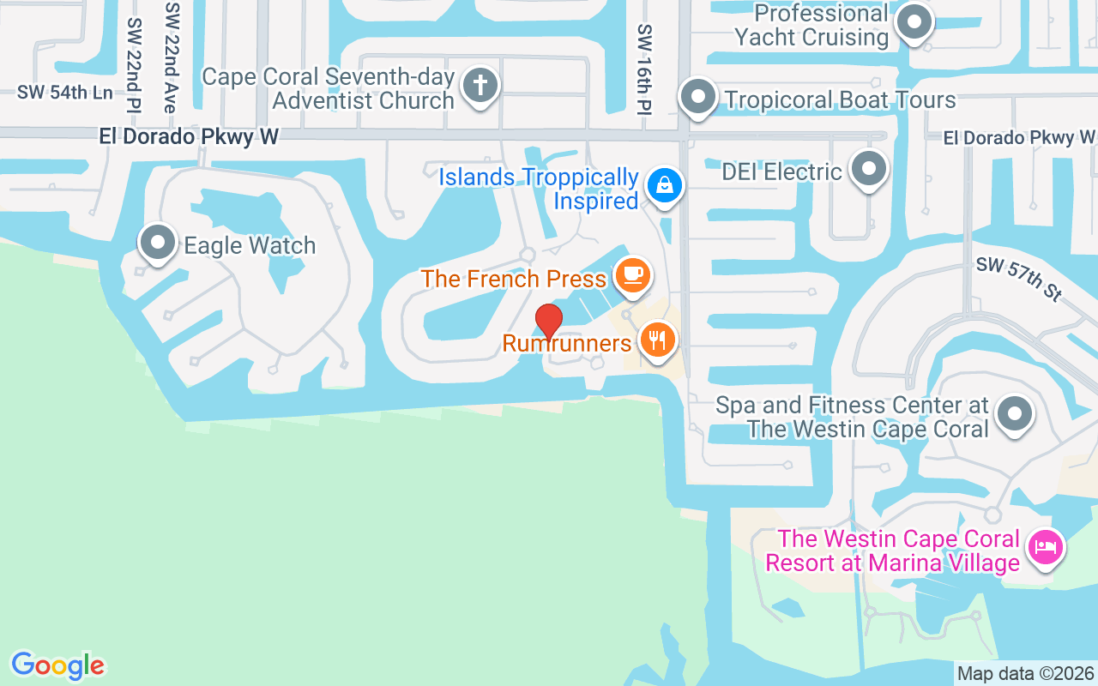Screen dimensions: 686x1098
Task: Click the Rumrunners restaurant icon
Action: click(657, 340)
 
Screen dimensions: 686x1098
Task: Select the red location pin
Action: click(548, 322)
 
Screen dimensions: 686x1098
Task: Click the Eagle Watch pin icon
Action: click(158, 244)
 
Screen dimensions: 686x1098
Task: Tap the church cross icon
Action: click(480, 86)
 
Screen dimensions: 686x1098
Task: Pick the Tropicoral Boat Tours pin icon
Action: click(698, 97)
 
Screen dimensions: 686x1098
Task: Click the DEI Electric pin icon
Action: click(870, 169)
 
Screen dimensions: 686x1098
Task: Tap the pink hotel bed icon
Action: click(1045, 546)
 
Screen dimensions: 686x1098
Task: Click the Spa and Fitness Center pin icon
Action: click(1015, 413)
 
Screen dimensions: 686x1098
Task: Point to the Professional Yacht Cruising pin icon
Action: click(914, 22)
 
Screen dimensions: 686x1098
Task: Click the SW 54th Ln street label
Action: click(65, 93)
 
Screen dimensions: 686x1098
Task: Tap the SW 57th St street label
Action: click(1018, 278)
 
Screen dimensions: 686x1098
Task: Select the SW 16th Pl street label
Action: click(644, 69)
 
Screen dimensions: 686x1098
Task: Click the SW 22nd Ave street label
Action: click(172, 57)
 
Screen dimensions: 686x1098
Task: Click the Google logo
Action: click(57, 665)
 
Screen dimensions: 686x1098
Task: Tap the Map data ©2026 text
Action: click(1025, 673)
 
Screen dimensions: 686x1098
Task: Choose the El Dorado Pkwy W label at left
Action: click(189, 136)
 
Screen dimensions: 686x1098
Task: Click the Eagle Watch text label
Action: click(250, 246)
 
